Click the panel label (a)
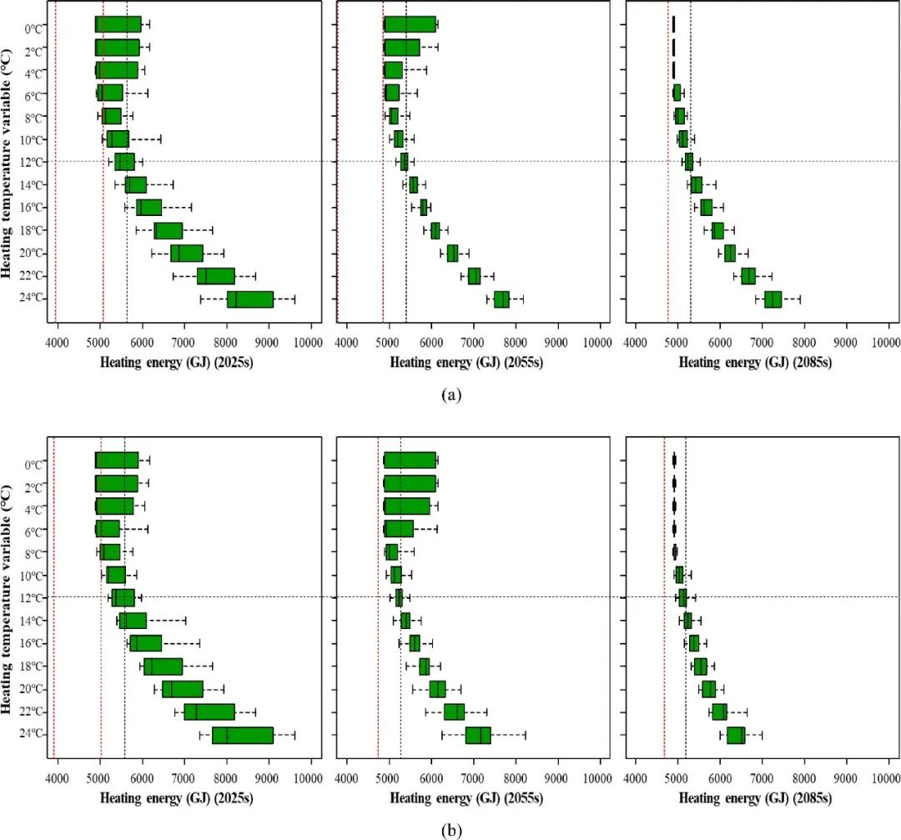450,395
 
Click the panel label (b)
450,830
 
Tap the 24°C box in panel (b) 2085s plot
736,735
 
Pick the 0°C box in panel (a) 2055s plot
410,24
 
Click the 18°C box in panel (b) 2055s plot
424,666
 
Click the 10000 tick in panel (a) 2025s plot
310,341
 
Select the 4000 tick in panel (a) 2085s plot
636,341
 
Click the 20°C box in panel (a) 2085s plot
730,253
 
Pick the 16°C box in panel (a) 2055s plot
424,207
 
